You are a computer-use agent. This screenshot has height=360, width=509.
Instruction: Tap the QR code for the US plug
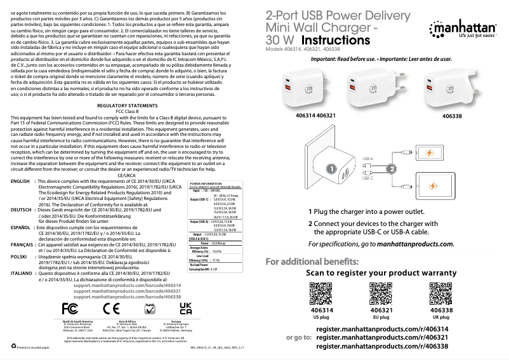pos(321,293)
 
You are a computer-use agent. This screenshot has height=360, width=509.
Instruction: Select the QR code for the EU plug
pos(380,293)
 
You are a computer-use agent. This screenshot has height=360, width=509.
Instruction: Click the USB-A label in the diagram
pos(367,159)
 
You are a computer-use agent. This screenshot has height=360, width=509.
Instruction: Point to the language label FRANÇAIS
pos(23,244)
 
